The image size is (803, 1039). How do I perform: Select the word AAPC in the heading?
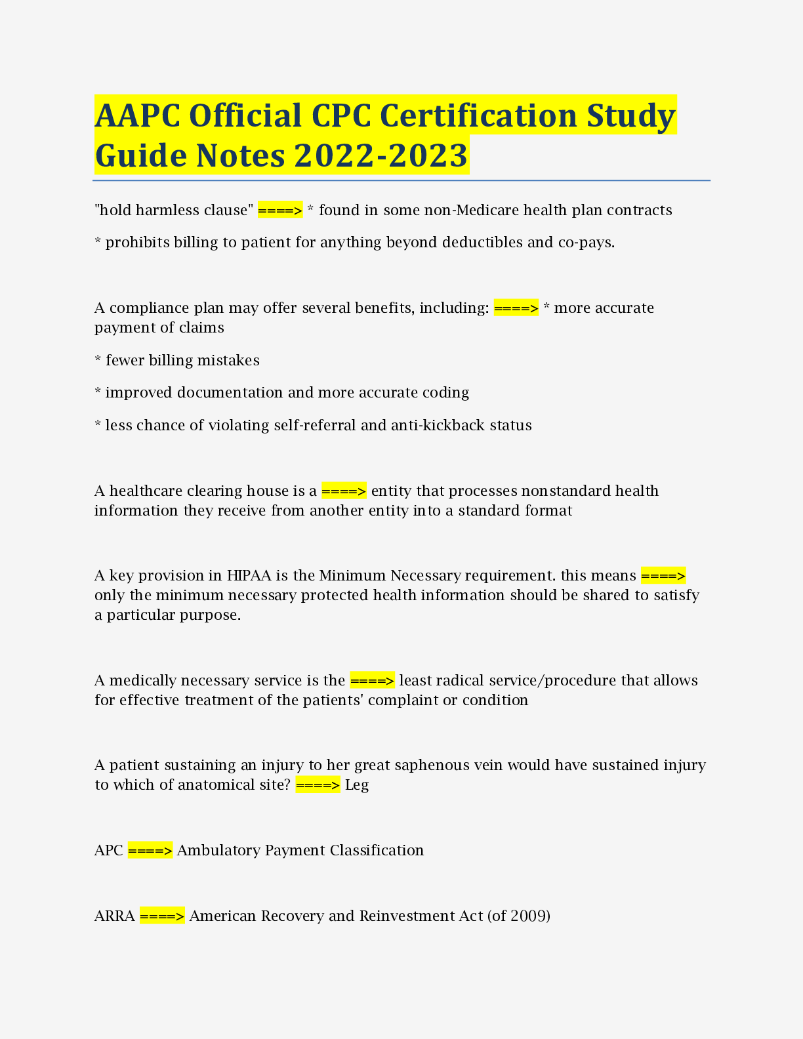[x=137, y=115]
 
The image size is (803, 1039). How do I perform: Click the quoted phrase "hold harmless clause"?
[x=174, y=210]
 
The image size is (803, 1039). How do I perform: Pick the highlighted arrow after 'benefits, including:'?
[x=516, y=308]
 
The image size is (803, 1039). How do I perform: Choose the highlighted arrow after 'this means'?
[x=663, y=576]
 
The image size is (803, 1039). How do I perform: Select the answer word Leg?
[x=357, y=785]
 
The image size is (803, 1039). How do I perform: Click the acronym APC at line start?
[x=108, y=851]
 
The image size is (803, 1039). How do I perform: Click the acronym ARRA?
[x=115, y=916]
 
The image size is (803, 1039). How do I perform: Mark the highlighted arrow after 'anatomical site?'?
[x=318, y=785]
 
